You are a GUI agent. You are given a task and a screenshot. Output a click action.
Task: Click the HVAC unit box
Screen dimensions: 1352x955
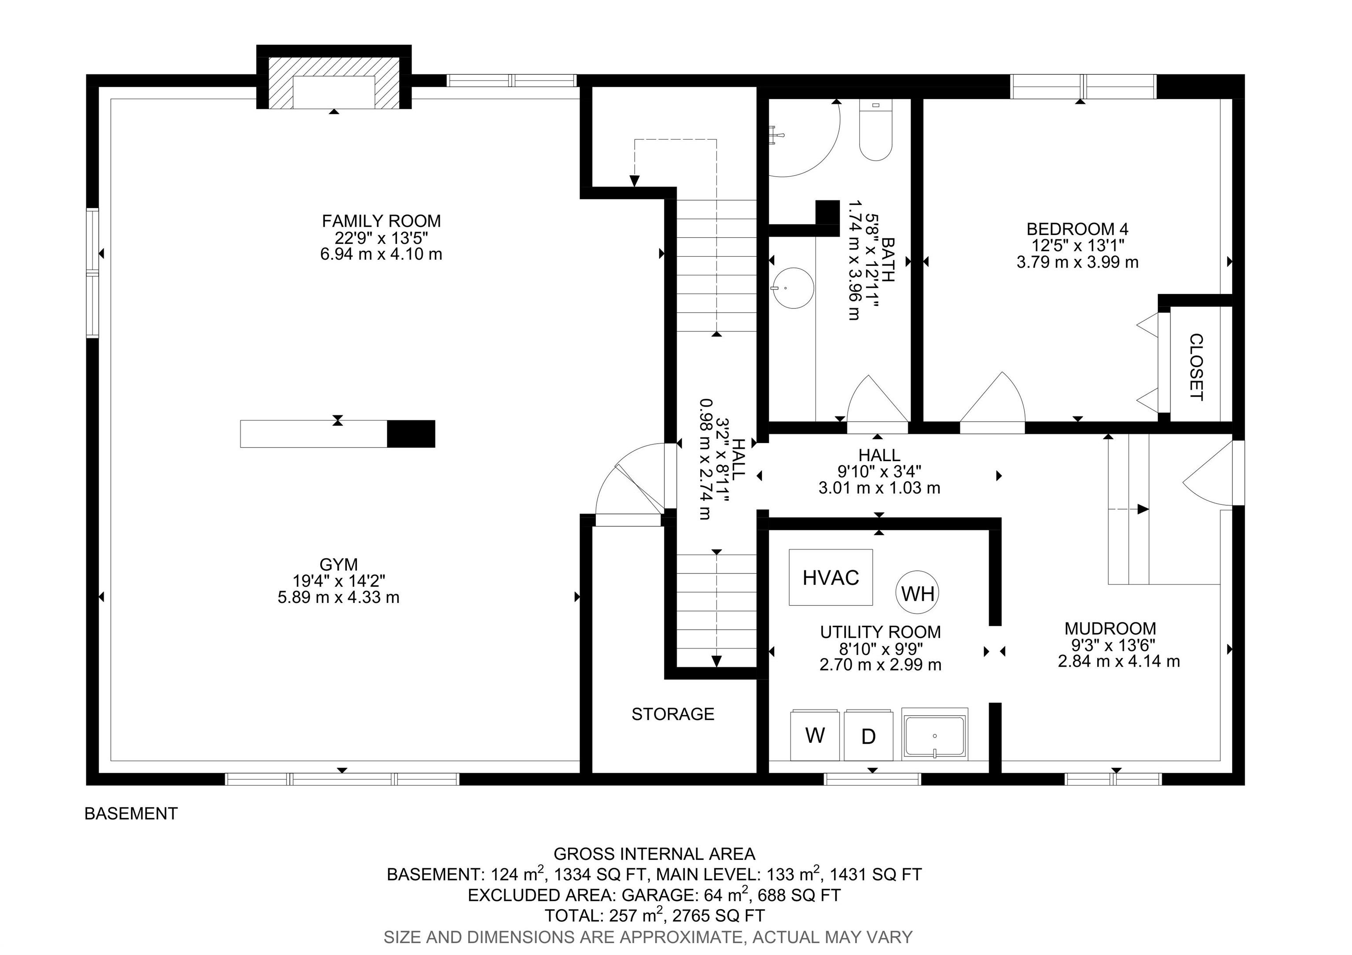(x=831, y=577)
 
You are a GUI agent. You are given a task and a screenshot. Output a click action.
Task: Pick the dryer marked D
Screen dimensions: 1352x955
(x=868, y=735)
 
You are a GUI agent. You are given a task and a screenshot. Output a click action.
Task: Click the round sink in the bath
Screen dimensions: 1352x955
(x=793, y=288)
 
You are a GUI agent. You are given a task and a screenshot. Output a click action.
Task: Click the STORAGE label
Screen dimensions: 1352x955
(x=673, y=714)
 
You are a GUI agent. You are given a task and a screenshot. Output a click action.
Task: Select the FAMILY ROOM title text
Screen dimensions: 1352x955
(x=381, y=221)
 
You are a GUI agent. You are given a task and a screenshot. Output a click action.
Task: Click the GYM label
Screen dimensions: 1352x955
(x=338, y=564)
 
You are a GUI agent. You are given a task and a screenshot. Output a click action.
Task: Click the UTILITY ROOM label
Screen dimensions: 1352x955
(x=880, y=632)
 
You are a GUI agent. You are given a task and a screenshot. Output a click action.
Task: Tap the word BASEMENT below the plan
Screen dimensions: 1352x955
(x=131, y=814)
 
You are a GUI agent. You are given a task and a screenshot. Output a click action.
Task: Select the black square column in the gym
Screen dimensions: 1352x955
(x=411, y=434)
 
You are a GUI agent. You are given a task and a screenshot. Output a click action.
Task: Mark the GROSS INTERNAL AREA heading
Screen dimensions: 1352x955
(x=654, y=854)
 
